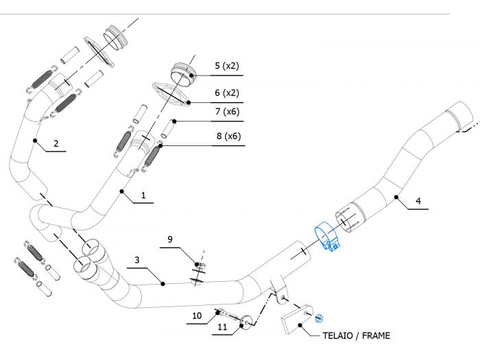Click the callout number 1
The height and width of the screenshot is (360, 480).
click(x=143, y=195)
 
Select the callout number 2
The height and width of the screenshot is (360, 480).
click(x=56, y=144)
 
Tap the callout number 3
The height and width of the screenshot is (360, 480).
click(x=137, y=261)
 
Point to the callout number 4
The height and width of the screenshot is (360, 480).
click(x=418, y=202)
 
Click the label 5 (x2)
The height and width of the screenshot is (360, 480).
click(x=226, y=67)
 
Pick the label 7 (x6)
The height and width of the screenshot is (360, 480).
click(x=227, y=112)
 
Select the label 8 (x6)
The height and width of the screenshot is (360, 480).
click(x=227, y=136)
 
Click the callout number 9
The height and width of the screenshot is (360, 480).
click(x=171, y=239)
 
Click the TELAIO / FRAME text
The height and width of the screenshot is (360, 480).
click(x=356, y=336)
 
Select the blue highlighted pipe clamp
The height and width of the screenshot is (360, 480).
click(x=328, y=241)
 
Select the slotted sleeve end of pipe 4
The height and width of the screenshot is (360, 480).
click(x=349, y=218)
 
